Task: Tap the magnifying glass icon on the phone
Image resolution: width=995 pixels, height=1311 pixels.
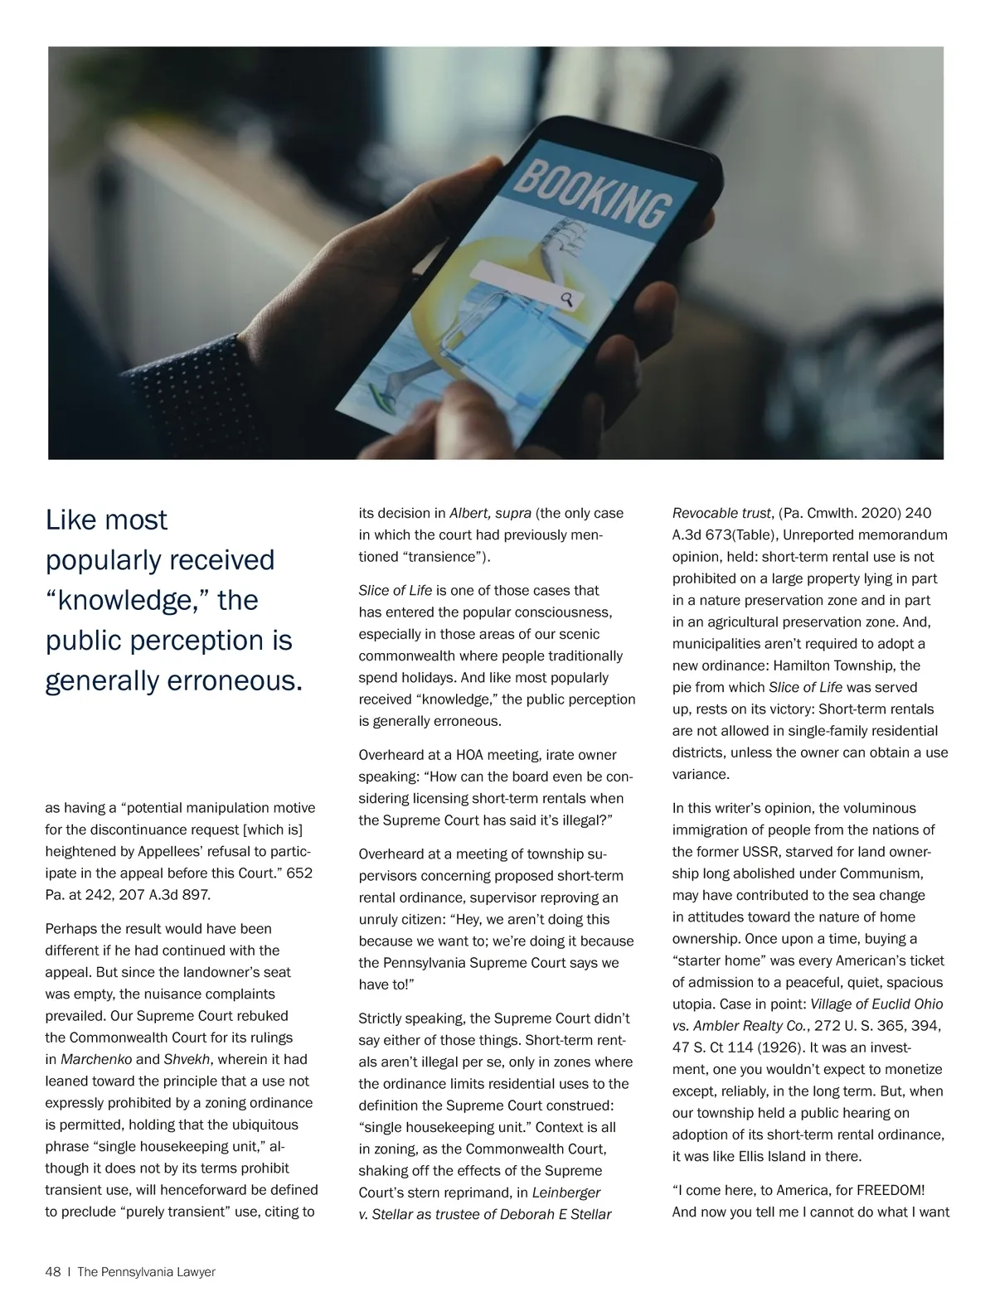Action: [568, 299]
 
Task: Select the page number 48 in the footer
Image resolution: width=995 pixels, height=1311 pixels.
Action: [53, 1272]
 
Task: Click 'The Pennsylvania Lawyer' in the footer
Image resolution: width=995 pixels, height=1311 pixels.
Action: [146, 1272]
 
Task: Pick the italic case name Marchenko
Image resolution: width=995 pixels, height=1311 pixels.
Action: [96, 1059]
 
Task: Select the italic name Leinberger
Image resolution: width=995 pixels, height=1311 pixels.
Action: [566, 1192]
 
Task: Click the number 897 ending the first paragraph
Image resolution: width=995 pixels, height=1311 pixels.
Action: [198, 895]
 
